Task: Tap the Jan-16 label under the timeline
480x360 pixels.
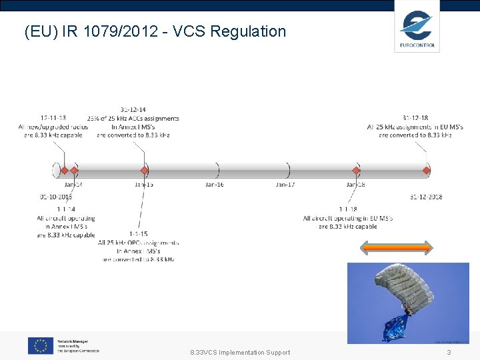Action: pyautogui.click(x=214, y=184)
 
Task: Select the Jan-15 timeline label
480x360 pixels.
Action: pyautogui.click(x=144, y=184)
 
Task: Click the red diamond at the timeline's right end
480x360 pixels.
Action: pyautogui.click(x=427, y=171)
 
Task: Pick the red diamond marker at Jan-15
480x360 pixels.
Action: pyautogui.click(x=143, y=171)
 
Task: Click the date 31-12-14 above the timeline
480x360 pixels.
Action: pyautogui.click(x=133, y=109)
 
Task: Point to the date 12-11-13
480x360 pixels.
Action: pyautogui.click(x=53, y=117)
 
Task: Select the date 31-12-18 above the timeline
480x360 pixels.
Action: pyautogui.click(x=415, y=117)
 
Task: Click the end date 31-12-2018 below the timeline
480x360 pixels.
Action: pyautogui.click(x=426, y=197)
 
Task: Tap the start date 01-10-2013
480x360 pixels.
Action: pyautogui.click(x=56, y=197)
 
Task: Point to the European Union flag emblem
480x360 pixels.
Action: pyautogui.click(x=41, y=345)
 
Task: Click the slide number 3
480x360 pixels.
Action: pyautogui.click(x=449, y=352)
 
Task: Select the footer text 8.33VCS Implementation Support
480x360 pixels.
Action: pyautogui.click(x=240, y=352)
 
